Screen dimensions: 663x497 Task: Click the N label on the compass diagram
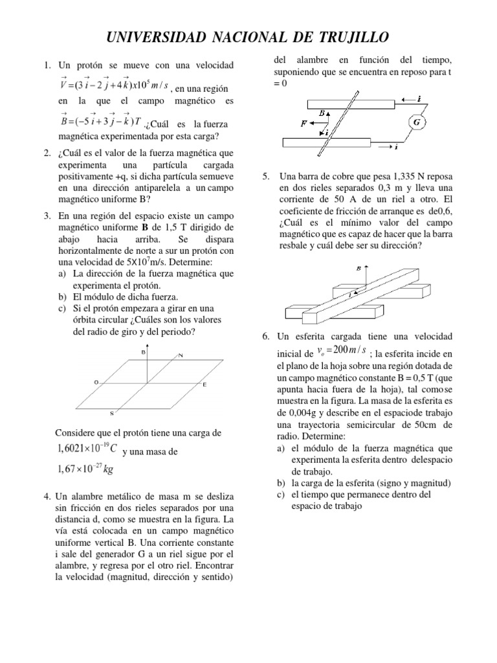click(181, 355)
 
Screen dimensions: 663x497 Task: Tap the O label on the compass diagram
click(96, 383)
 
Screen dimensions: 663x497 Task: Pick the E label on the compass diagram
click(205, 385)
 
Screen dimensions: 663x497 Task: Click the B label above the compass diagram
click(142, 352)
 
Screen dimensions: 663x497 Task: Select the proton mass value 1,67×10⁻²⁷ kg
click(80, 469)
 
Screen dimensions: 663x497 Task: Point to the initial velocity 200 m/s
click(343, 351)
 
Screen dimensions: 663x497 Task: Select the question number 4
click(47, 496)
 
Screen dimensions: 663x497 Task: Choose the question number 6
click(265, 337)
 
